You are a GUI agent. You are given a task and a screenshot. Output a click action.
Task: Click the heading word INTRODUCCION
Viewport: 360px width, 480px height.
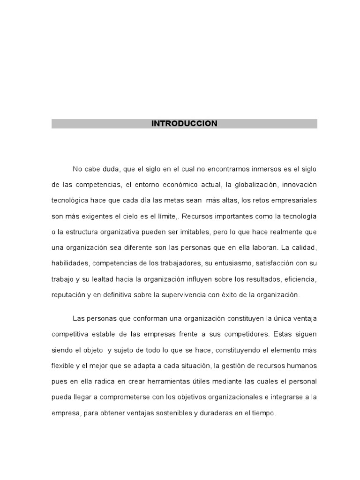184,124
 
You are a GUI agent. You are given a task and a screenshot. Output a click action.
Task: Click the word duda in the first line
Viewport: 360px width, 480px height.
104,169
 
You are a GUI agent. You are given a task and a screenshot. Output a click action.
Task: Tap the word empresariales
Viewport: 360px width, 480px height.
292,200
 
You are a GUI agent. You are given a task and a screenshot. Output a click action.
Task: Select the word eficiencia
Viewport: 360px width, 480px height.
300,279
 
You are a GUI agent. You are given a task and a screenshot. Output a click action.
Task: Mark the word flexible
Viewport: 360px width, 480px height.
64,366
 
